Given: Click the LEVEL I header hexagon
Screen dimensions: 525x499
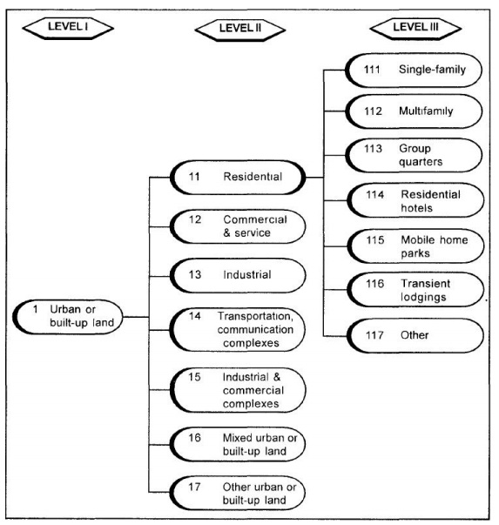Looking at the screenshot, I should click(x=64, y=26).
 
